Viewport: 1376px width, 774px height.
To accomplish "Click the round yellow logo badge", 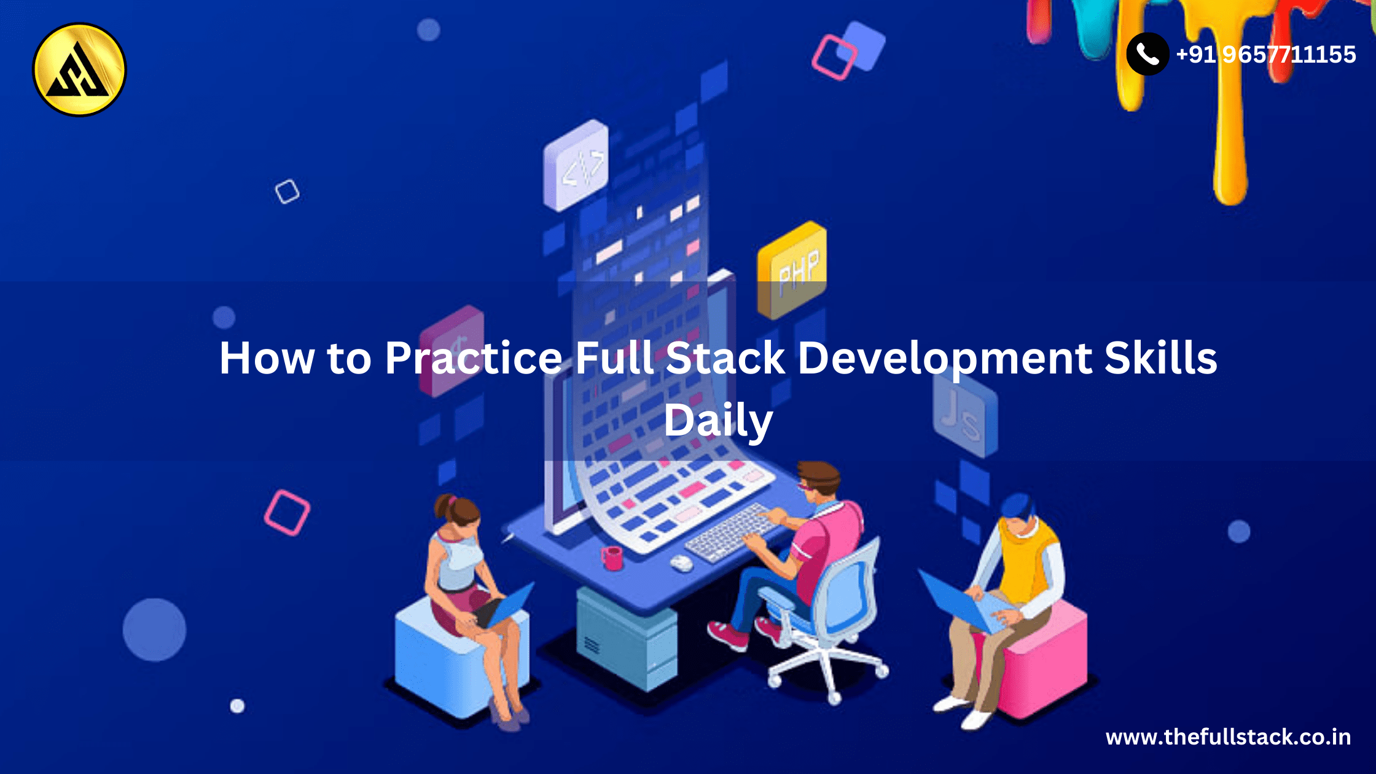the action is pyautogui.click(x=79, y=69).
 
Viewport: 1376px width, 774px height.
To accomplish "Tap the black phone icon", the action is pyautogui.click(x=1147, y=54).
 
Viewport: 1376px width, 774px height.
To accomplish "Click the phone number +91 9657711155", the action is pyautogui.click(x=1265, y=55).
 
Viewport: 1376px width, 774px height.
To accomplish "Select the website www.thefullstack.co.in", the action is pyautogui.click(x=1228, y=737).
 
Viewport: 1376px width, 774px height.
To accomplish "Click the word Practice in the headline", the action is pyautogui.click(x=474, y=358).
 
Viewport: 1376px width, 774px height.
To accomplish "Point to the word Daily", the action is pyautogui.click(x=718, y=422).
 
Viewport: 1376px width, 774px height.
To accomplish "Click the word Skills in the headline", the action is pyautogui.click(x=1160, y=358).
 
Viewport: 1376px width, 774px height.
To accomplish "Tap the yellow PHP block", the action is pyautogui.click(x=792, y=270).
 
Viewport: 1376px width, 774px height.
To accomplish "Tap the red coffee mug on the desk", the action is pyautogui.click(x=612, y=558).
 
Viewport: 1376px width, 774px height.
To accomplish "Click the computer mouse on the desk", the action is pyautogui.click(x=681, y=563).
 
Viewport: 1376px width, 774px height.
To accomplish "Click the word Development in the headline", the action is pyautogui.click(x=945, y=359).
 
